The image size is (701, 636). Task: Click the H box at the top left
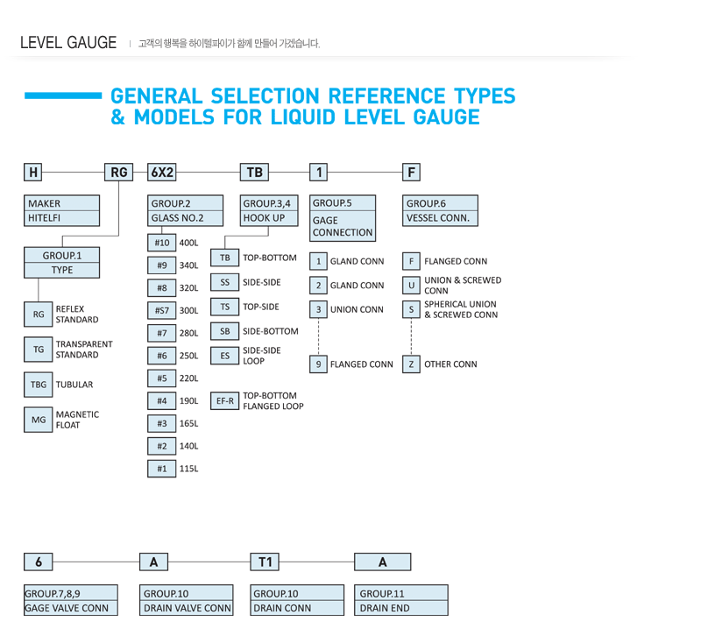point(32,172)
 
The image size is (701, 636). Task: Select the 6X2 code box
point(162,172)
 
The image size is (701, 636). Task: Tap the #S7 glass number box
point(162,310)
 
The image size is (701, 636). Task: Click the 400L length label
point(188,243)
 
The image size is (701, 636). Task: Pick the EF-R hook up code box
point(225,401)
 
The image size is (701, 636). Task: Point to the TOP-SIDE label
point(260,307)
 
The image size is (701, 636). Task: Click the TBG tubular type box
point(39,385)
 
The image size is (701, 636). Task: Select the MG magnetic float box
point(39,420)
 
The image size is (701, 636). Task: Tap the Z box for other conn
point(411,364)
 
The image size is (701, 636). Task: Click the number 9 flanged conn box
point(318,364)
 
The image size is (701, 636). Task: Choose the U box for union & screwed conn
point(411,286)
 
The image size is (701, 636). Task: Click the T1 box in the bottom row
point(265,562)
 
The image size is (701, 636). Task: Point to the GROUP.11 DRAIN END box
point(401,600)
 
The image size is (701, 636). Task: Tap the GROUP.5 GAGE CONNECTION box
point(343,218)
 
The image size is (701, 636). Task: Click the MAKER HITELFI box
point(61,210)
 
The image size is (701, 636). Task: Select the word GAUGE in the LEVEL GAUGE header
point(92,43)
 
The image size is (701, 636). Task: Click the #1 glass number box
point(162,469)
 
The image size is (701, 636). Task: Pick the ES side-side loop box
point(225,356)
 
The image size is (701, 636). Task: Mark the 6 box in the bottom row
point(39,562)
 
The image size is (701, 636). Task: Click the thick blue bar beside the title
point(63,95)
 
